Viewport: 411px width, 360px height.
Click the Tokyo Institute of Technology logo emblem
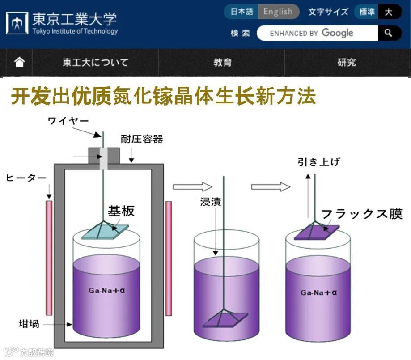tap(17, 23)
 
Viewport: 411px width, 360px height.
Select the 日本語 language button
tap(242, 12)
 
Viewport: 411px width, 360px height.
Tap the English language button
tap(278, 12)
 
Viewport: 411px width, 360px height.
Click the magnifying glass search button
tap(389, 33)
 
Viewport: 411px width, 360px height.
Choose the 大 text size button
tap(389, 12)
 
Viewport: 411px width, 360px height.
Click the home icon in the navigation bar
tap(19, 62)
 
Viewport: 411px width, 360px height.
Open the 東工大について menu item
tap(95, 62)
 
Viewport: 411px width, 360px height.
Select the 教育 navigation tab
tap(222, 62)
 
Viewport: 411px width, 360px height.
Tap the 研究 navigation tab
tap(347, 62)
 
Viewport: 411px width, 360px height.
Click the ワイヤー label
tap(68, 121)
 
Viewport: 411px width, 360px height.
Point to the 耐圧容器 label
tap(142, 139)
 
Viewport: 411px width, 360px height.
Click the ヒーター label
tap(26, 178)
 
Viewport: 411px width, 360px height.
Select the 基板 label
tap(121, 211)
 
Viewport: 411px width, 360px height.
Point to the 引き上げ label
tap(318, 162)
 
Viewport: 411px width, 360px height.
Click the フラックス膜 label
tap(362, 214)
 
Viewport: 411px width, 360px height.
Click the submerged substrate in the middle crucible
tap(225, 319)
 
